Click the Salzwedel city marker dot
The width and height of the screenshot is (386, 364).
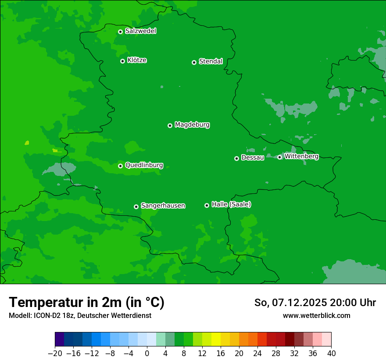pyautogui.click(x=120, y=32)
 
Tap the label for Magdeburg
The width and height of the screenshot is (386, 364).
pyautogui.click(x=192, y=125)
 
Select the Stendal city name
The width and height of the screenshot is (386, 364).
pyautogui.click(x=211, y=61)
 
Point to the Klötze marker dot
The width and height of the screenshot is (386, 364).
pyautogui.click(x=122, y=61)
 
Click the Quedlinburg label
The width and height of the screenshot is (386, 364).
pyautogui.click(x=144, y=165)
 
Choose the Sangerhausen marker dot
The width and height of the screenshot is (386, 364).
pyautogui.click(x=136, y=207)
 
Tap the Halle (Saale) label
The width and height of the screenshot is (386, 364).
pyautogui.click(x=231, y=204)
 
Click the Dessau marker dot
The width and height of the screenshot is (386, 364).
pyautogui.click(x=236, y=158)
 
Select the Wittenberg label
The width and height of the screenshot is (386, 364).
pyautogui.click(x=301, y=156)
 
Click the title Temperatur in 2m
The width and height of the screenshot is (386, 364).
pyautogui.click(x=86, y=302)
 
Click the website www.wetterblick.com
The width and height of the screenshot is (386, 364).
pyautogui.click(x=316, y=315)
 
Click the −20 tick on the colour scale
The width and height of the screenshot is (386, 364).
pyautogui.click(x=55, y=353)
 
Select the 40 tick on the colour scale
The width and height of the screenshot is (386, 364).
pyautogui.click(x=331, y=353)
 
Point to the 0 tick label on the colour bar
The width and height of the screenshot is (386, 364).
pyautogui.click(x=147, y=353)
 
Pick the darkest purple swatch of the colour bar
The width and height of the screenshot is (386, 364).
pyautogui.click(x=60, y=339)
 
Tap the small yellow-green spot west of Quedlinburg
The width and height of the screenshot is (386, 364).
pyautogui.click(x=27, y=143)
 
